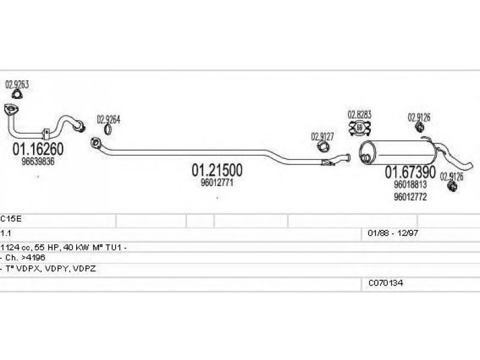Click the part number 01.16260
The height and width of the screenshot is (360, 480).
[38, 149]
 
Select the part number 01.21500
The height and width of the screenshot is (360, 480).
[217, 170]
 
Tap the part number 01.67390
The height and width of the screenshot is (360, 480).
[410, 172]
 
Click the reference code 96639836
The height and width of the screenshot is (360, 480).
[38, 161]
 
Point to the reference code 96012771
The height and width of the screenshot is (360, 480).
[217, 182]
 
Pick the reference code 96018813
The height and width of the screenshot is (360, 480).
[410, 185]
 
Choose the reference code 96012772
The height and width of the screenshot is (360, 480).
[410, 197]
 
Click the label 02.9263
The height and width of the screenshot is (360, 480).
[17, 85]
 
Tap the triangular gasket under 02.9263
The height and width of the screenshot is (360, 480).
[17, 95]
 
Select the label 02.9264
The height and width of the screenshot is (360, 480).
[109, 119]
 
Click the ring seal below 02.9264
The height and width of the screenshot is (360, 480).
[108, 130]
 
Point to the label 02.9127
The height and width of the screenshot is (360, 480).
[322, 137]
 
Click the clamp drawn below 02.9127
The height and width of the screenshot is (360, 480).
[323, 147]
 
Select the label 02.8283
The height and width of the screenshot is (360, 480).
[359, 115]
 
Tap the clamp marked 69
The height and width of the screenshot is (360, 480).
[360, 128]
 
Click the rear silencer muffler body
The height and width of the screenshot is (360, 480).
[397, 152]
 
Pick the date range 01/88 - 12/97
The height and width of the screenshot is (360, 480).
[393, 233]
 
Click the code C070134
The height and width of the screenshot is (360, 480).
[385, 283]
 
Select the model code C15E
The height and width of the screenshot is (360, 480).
[11, 219]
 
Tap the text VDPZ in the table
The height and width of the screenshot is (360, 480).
[85, 269]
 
